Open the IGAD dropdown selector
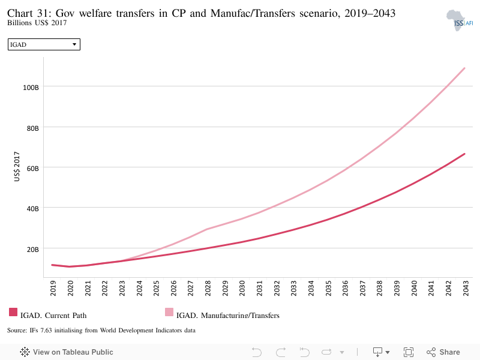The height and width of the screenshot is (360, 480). pos(44,44)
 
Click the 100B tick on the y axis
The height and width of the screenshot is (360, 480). pos(31,88)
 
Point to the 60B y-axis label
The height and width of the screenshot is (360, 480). pos(33,169)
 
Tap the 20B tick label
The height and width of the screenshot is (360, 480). pos(33,250)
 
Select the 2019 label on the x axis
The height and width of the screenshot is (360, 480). pos(53,288)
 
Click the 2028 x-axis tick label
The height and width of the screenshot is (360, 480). pos(208,288)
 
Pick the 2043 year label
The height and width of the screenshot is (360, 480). pos(466,288)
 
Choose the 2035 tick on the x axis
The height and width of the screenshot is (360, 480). pos(328,288)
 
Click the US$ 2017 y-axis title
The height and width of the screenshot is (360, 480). pos(17,166)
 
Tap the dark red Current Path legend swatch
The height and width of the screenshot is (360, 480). pos(13,312)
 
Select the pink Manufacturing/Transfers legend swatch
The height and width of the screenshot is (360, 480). pos(169,312)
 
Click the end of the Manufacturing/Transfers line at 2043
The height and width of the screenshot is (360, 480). pos(464,68)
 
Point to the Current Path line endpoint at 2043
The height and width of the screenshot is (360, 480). pos(464,154)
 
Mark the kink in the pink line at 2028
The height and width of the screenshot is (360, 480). pos(208,229)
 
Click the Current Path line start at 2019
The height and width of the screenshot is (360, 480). pos(52,265)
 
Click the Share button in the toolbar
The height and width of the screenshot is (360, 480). pos(443,352)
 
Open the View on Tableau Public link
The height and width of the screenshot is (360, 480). pos(67,352)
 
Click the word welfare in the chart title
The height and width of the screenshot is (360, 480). pos(95,13)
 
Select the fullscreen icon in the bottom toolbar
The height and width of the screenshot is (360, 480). pos(409,352)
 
